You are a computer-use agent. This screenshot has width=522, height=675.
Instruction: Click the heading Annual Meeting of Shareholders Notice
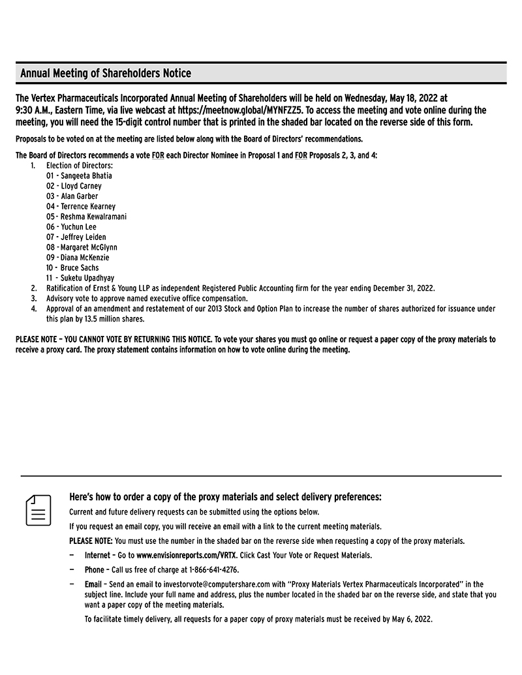[106, 73]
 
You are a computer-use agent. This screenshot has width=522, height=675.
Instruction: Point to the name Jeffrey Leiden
[84, 237]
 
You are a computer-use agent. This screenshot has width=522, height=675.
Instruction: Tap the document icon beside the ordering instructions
[38, 510]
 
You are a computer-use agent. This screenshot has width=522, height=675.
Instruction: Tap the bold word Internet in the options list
[99, 556]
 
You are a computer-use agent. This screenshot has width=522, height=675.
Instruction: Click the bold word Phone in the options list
[95, 569]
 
